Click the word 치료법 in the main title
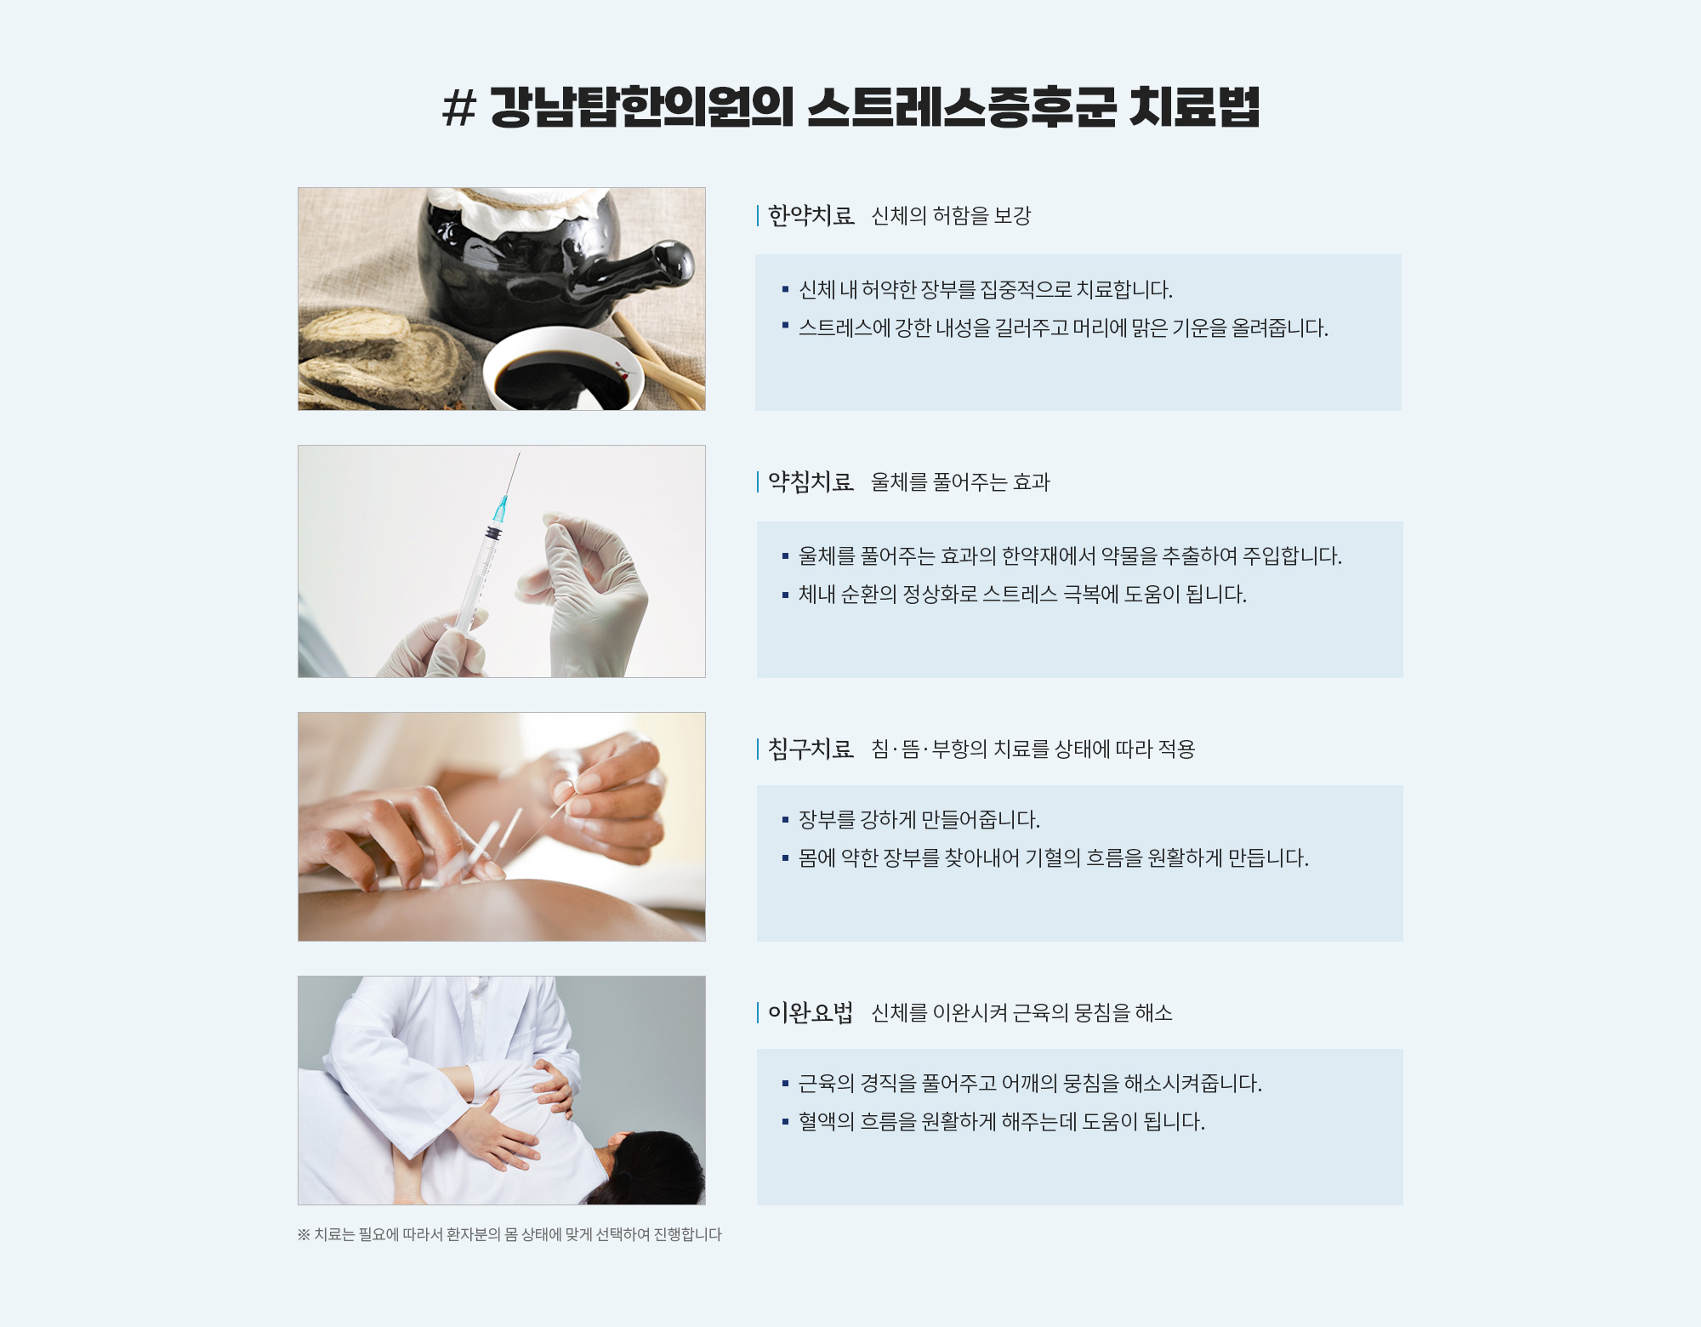click(x=1195, y=107)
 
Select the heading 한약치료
click(x=811, y=216)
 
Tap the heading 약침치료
click(x=811, y=482)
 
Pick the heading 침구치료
click(x=811, y=749)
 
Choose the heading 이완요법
click(x=811, y=1013)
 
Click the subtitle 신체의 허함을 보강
click(x=951, y=216)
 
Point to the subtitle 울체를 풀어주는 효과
click(x=961, y=482)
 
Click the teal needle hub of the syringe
click(x=499, y=510)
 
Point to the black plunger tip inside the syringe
click(x=493, y=533)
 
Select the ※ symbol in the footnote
click(x=304, y=1234)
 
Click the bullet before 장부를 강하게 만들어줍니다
click(x=785, y=820)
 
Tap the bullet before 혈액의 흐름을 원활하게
click(x=785, y=1122)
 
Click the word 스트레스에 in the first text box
click(x=845, y=328)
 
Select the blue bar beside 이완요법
click(x=758, y=1013)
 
